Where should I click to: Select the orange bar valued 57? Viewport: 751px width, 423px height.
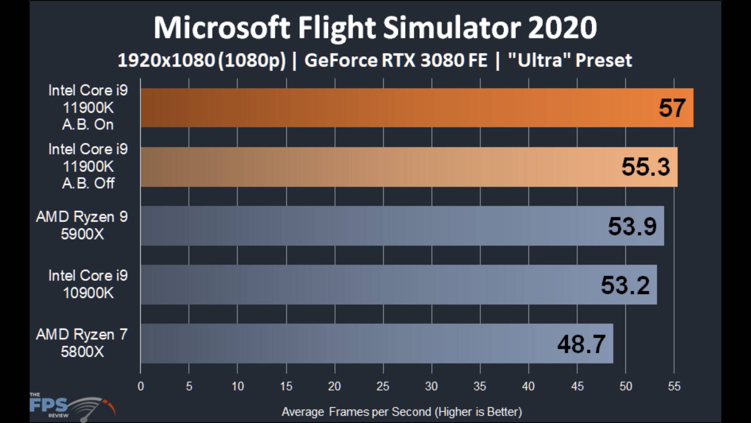click(x=417, y=108)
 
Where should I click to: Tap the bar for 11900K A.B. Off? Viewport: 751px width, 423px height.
click(x=408, y=167)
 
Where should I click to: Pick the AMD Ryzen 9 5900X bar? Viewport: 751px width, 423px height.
click(x=401, y=226)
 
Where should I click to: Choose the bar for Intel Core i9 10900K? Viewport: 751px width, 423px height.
click(x=398, y=285)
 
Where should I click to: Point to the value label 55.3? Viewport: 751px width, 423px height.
click(x=646, y=167)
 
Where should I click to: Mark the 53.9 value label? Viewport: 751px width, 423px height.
click(x=632, y=226)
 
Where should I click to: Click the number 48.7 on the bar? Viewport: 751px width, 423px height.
click(x=581, y=344)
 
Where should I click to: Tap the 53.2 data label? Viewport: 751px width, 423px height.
click(x=625, y=285)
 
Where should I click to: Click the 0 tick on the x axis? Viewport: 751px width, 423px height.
click(x=141, y=386)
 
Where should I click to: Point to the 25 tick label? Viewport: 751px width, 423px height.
click(x=383, y=386)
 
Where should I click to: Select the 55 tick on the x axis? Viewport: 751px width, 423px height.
click(x=674, y=386)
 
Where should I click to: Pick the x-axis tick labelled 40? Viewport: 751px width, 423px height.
click(x=528, y=386)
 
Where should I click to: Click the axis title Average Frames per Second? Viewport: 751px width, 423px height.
click(x=402, y=412)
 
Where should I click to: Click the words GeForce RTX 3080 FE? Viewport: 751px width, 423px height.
click(x=396, y=61)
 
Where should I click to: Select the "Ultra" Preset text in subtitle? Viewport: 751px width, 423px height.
click(x=570, y=61)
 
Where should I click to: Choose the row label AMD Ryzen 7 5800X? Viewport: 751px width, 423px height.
click(x=82, y=343)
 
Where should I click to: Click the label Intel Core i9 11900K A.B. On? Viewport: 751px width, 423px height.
click(x=88, y=108)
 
